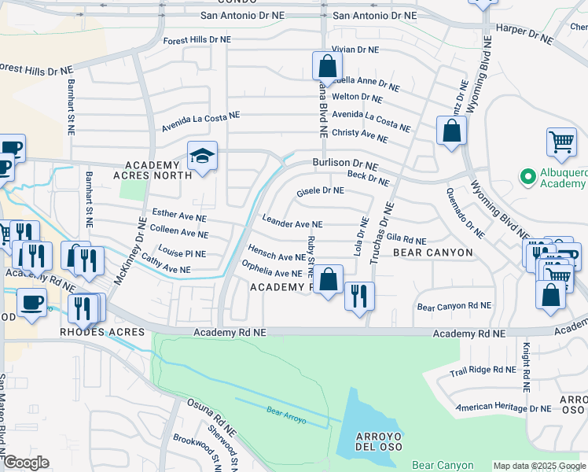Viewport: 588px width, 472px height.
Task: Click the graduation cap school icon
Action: [x=202, y=156]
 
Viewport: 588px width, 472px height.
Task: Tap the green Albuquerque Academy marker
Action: [x=526, y=173]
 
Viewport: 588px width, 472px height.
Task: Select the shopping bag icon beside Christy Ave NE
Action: [x=451, y=131]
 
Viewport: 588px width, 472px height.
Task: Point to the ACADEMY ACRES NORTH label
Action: [x=153, y=170]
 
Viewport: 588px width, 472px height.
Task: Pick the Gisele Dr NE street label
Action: [x=320, y=190]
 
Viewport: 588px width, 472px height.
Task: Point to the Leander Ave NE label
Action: [x=292, y=224]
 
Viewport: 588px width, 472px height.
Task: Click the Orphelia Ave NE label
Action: [x=272, y=269]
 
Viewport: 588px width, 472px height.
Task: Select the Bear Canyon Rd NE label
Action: [x=454, y=305]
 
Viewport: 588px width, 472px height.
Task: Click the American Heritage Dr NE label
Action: [x=504, y=407]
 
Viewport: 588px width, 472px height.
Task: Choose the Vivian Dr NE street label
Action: [x=355, y=49]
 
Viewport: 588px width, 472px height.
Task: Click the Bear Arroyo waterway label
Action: [x=285, y=411]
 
